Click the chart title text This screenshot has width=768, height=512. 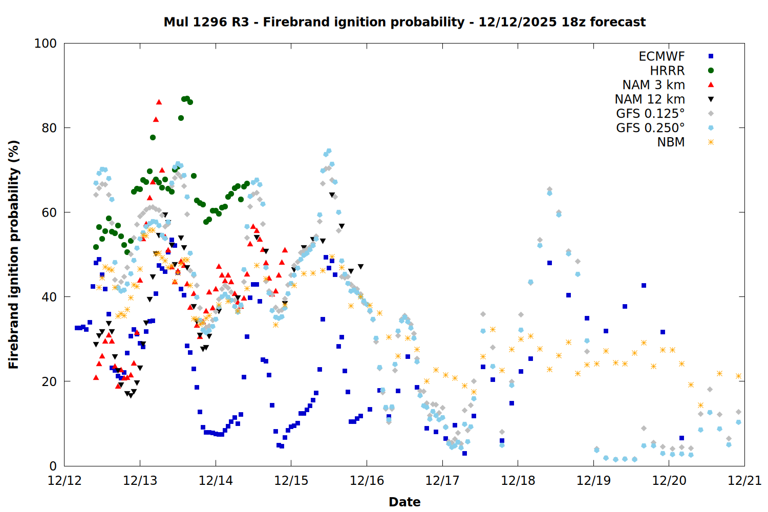pyautogui.click(x=404, y=22)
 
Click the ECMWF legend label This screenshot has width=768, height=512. pyautogui.click(x=662, y=56)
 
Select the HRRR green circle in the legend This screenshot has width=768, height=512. pyautogui.click(x=711, y=71)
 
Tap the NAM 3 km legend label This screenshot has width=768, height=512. pyautogui.click(x=653, y=85)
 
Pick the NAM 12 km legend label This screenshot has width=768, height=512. pyautogui.click(x=650, y=99)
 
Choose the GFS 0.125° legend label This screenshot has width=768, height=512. pyautogui.click(x=650, y=114)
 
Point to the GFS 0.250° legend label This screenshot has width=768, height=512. pyautogui.click(x=650, y=128)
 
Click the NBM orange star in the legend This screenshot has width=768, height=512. pyautogui.click(x=711, y=142)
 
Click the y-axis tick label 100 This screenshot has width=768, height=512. pyautogui.click(x=45, y=44)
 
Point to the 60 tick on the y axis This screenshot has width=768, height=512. pyautogui.click(x=49, y=212)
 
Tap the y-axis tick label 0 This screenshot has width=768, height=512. pyautogui.click(x=53, y=466)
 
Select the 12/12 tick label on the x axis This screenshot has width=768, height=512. pyautogui.click(x=64, y=481)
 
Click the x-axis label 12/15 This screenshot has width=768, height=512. pyautogui.click(x=291, y=481)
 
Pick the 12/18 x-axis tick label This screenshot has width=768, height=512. pyautogui.click(x=518, y=481)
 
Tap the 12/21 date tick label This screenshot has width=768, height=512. pyautogui.click(x=744, y=481)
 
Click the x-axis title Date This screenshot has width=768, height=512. pyautogui.click(x=404, y=502)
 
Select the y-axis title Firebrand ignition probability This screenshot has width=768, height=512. pyautogui.click(x=14, y=254)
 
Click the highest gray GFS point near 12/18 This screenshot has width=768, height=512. pyautogui.click(x=549, y=189)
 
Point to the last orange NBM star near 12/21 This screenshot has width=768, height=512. pyautogui.click(x=738, y=376)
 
